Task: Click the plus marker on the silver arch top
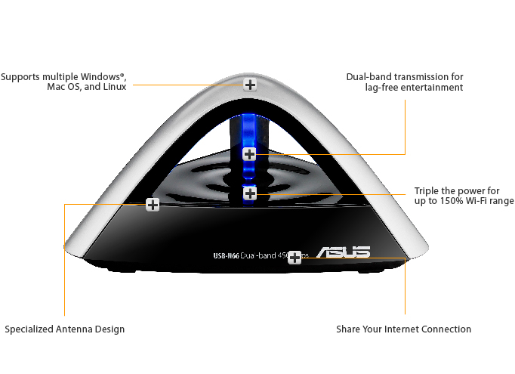(250, 85)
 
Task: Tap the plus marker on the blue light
(250, 154)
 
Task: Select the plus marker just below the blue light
(250, 193)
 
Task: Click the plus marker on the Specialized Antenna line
(153, 204)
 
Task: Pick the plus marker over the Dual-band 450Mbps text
(295, 257)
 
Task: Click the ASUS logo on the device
(343, 253)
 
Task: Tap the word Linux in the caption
(114, 88)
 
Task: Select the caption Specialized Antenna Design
(65, 329)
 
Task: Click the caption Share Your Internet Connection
(403, 329)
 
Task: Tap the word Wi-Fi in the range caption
(480, 202)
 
